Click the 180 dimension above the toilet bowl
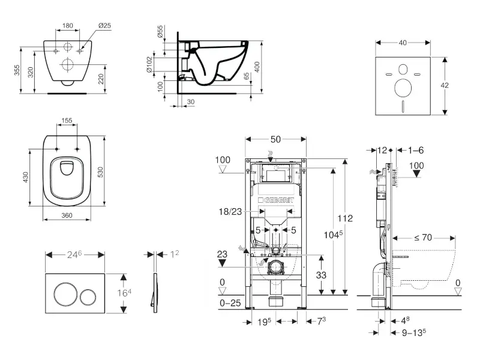pos(68,26)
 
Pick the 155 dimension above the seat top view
pos(67,121)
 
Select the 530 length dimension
pos(109,172)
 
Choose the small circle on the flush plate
pos(89,295)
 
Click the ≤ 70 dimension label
pos(422,238)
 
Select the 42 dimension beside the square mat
pos(444,86)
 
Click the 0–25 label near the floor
pos(230,304)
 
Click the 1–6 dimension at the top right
pos(416,150)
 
